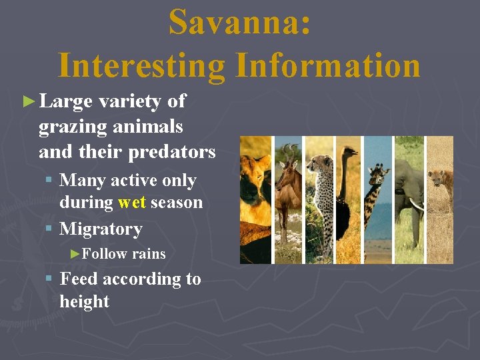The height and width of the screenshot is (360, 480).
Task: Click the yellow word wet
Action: (132, 202)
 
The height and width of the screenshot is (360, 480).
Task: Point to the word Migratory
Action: (101, 229)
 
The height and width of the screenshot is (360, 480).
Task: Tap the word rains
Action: (149, 253)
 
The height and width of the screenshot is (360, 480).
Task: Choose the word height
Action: (84, 301)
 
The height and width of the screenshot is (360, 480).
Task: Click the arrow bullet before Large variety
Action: (27, 102)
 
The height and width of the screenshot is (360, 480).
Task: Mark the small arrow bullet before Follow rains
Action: (75, 254)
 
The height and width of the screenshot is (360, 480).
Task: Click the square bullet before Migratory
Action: (49, 229)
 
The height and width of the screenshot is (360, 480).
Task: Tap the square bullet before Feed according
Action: (49, 279)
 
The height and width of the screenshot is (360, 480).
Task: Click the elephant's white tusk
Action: (416, 205)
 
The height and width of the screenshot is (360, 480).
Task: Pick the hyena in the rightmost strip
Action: (440, 180)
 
